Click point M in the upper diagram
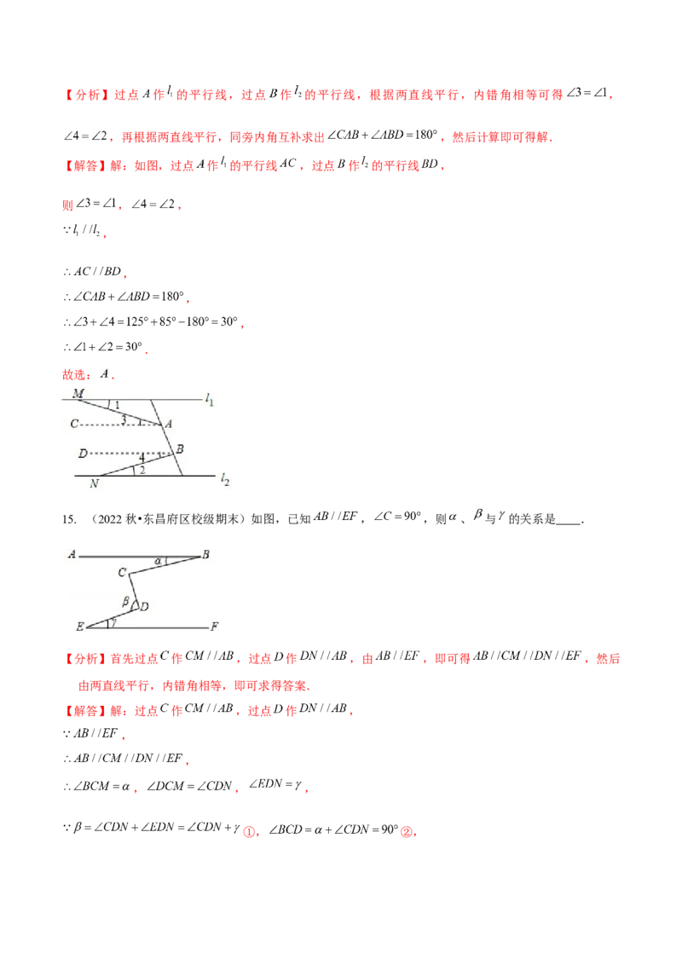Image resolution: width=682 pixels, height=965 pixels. pyautogui.click(x=78, y=394)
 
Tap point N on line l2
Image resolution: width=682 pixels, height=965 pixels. pyautogui.click(x=94, y=483)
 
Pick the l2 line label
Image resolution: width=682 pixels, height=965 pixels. pyautogui.click(x=225, y=481)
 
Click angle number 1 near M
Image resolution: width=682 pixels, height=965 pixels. pyautogui.click(x=118, y=405)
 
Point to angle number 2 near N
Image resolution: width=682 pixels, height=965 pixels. pyautogui.click(x=142, y=470)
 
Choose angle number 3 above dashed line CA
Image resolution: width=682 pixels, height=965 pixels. pyautogui.click(x=124, y=419)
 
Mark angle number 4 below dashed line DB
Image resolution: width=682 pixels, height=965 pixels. pyautogui.click(x=142, y=458)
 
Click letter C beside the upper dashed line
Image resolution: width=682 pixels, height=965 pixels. pyautogui.click(x=74, y=424)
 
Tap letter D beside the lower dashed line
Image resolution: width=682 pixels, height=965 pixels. pyautogui.click(x=83, y=453)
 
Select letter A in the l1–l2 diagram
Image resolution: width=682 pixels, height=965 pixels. pyautogui.click(x=168, y=424)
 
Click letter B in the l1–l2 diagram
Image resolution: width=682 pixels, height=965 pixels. pyautogui.click(x=180, y=449)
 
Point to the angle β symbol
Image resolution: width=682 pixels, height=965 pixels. pyautogui.click(x=125, y=601)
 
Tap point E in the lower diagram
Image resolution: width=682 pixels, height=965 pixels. pyautogui.click(x=79, y=627)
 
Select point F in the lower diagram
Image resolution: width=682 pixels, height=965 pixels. pyautogui.click(x=215, y=627)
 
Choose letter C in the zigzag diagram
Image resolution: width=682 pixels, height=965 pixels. pyautogui.click(x=122, y=573)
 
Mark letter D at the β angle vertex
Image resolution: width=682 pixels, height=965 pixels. pyautogui.click(x=145, y=606)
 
